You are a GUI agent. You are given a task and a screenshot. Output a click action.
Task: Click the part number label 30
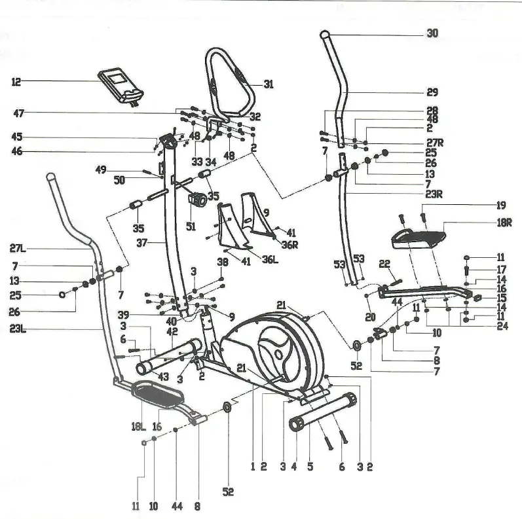432,33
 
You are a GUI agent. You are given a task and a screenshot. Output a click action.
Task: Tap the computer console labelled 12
122,86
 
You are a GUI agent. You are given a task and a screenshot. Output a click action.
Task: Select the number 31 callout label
269,84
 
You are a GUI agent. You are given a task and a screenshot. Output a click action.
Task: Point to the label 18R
502,223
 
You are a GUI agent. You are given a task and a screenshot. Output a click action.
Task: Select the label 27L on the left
18,249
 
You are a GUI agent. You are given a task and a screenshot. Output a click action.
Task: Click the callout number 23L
18,329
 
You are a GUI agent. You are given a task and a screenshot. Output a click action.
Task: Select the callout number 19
501,204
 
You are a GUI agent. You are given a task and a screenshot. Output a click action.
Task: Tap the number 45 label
17,137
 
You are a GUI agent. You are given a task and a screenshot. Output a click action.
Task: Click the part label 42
172,332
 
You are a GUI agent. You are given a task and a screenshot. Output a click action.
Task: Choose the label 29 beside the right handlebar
432,92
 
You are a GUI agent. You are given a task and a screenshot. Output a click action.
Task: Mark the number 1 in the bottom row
252,467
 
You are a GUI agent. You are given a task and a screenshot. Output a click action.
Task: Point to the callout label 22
385,263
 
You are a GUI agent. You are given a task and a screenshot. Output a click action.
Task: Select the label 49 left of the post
100,170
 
